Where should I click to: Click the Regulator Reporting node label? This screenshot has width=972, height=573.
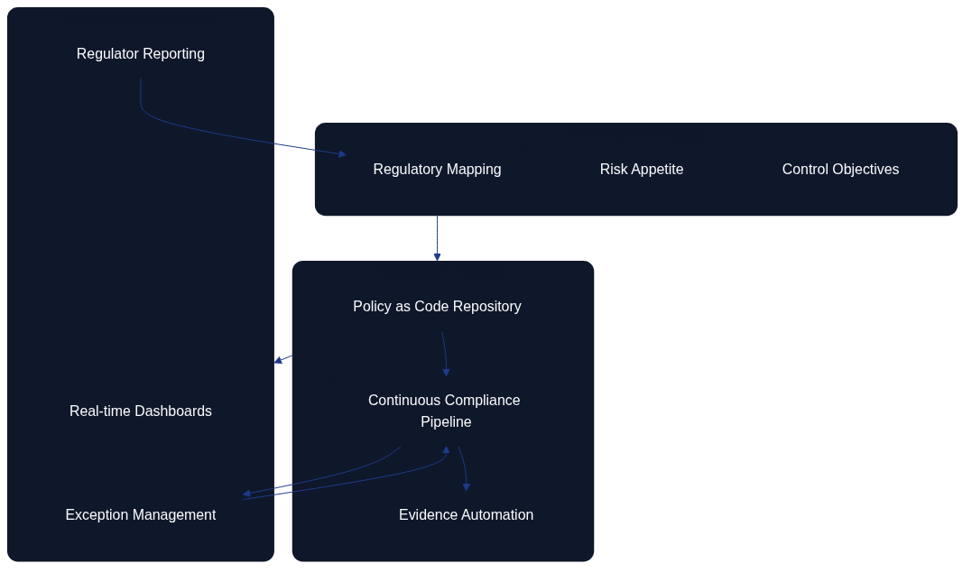140,54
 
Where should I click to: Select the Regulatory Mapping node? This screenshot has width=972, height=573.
437,170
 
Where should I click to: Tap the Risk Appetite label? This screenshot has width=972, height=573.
642,170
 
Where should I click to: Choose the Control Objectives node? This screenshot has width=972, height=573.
840,170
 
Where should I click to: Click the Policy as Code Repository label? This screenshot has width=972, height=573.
437,307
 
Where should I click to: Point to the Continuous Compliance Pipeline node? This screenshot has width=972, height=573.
444,411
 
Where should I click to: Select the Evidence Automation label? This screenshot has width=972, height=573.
466,515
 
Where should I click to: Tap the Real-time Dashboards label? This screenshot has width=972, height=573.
140,411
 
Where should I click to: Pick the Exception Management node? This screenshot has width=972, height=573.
140,515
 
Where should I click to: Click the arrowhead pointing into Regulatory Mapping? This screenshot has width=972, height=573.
342,154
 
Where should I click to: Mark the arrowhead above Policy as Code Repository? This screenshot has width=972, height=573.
437,257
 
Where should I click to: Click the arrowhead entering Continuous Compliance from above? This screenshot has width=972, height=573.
446,372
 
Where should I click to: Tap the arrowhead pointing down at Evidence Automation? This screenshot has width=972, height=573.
467,487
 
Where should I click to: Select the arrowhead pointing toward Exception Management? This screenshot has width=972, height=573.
246,494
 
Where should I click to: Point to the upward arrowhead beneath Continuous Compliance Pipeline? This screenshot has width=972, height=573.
446,449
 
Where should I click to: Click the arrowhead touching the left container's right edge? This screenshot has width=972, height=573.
278,360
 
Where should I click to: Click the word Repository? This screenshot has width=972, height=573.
487,307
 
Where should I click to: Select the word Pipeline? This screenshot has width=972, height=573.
446,422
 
